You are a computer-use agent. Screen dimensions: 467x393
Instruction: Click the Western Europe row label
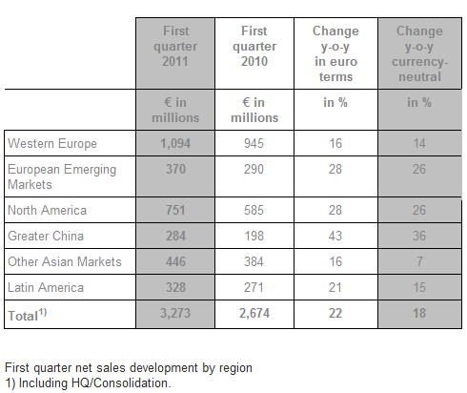click(52, 143)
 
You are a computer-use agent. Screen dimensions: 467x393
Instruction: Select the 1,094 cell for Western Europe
click(175, 143)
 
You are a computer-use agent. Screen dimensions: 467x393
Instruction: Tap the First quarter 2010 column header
click(254, 46)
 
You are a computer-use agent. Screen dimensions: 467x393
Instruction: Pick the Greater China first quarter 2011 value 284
click(175, 236)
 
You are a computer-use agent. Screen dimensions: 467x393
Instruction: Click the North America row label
click(47, 210)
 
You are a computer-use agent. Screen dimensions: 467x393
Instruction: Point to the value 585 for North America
click(254, 210)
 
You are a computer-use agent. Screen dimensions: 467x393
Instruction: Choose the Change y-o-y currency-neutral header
click(419, 53)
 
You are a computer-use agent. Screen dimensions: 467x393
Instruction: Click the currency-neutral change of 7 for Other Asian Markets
click(419, 261)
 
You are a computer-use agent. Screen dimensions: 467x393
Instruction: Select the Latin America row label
click(46, 287)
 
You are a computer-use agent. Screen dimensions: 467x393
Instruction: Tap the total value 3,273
click(175, 313)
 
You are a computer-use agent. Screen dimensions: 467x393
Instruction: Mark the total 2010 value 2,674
click(254, 313)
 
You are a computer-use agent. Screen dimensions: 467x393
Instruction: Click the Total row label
click(28, 315)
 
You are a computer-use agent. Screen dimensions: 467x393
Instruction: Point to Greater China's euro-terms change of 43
click(335, 236)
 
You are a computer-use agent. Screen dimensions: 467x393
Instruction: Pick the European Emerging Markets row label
click(62, 176)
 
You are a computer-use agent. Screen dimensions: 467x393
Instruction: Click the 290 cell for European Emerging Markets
click(254, 169)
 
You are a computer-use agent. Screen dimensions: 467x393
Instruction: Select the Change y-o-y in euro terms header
click(335, 53)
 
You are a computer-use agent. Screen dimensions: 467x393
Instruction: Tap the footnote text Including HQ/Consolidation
click(95, 383)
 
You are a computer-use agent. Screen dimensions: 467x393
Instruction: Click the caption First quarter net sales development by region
click(129, 368)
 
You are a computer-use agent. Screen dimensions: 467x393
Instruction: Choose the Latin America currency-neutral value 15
click(419, 287)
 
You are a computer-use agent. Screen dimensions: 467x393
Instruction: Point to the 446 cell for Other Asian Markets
click(175, 261)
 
